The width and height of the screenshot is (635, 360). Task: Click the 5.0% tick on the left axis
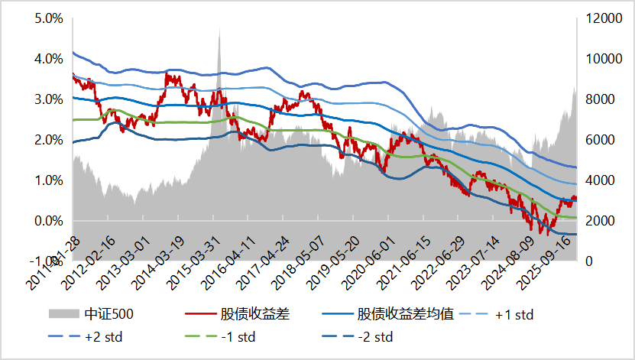point(49,18)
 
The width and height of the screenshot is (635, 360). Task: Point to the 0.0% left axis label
point(49,221)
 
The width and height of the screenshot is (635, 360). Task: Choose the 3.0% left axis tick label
point(49,99)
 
